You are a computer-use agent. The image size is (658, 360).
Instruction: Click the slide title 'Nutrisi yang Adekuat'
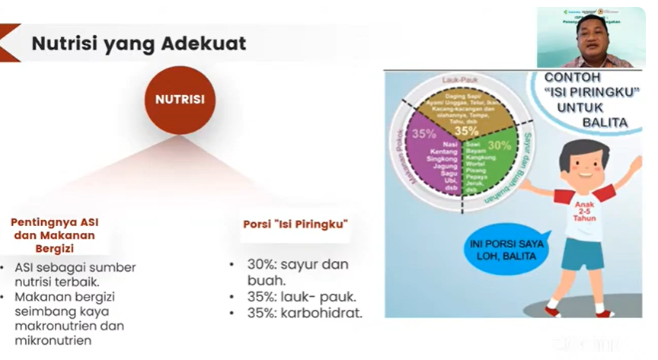pos(139,43)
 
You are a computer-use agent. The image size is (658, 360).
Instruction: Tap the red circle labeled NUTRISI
pos(180,100)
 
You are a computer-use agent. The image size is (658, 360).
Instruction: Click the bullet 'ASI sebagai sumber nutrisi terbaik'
pos(74,275)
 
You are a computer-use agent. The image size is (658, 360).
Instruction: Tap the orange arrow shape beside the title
pos(9,43)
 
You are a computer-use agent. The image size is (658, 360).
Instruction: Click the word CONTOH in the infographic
pos(572,78)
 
